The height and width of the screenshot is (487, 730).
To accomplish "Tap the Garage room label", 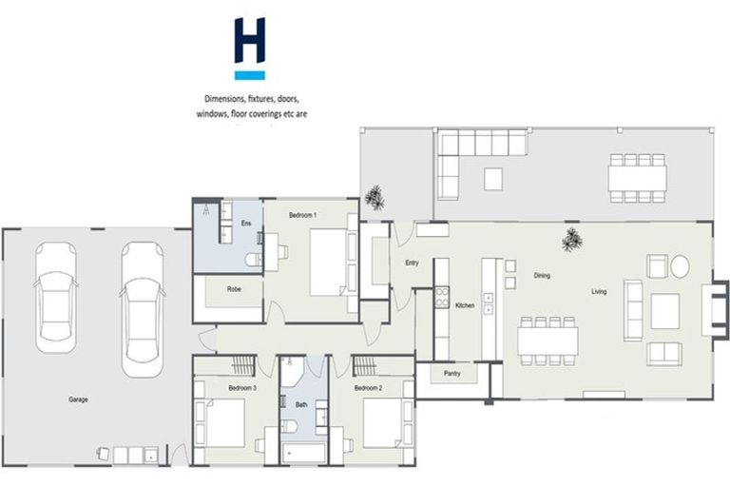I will coord(78,399).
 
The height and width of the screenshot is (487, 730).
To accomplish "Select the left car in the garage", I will coord(55,295).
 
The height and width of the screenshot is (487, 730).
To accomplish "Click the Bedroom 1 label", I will coord(302,216).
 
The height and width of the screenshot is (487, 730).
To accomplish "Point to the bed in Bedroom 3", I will coord(225,421).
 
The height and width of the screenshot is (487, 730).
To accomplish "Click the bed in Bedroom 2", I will coord(383,421).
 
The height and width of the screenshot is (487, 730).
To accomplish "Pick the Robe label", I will coord(233,288).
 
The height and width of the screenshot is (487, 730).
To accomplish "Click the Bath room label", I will coord(300,405).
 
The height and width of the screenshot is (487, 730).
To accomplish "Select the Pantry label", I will coord(451,374).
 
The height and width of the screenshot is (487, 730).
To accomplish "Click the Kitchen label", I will coord(465,305).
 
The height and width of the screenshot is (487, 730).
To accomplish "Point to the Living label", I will coord(599,291).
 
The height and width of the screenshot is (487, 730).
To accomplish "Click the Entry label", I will coord(412,263).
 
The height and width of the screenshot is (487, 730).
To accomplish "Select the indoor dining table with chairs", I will coord(547,338).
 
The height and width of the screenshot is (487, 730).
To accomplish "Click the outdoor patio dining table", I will coord(638,177).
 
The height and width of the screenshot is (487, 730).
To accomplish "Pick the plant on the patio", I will coord(376,198).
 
